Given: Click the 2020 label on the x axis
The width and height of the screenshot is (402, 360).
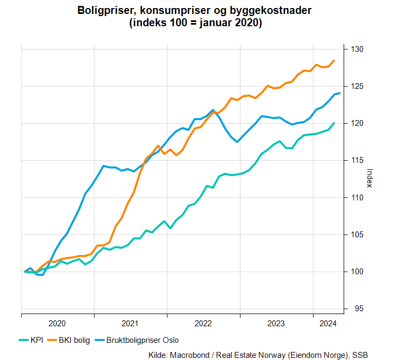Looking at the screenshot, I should pyautogui.click(x=57, y=323).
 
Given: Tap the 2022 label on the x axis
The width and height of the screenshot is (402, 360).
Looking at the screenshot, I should pyautogui.click(x=204, y=323).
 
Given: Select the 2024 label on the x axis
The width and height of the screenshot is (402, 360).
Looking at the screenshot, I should pyautogui.click(x=327, y=323).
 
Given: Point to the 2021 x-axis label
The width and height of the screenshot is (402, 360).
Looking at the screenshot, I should pyautogui.click(x=130, y=323).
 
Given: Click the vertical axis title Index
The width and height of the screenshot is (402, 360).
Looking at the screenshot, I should pyautogui.click(x=369, y=178).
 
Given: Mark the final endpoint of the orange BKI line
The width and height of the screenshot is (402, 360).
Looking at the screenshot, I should pyautogui.click(x=334, y=61).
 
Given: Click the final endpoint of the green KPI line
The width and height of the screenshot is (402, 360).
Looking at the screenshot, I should pyautogui.click(x=334, y=123).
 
